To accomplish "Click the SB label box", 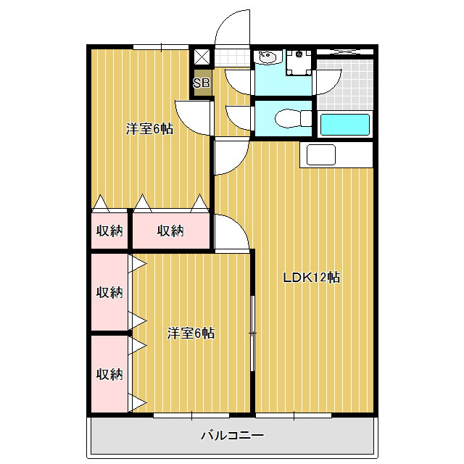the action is click(202, 83).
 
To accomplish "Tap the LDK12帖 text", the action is click(312, 278).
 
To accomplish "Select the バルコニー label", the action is click(232, 435).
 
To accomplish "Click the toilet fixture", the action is click(293, 119).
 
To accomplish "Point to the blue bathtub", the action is click(345, 125).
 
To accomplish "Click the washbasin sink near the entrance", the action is click(268, 57).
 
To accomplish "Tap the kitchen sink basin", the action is click(321, 154).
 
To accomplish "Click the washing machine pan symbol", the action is click(299, 62).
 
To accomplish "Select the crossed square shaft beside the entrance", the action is click(202, 57).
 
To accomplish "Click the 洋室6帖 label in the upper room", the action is click(150, 129).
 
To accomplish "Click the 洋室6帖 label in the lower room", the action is click(191, 333).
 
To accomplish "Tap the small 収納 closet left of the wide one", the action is click(109, 231).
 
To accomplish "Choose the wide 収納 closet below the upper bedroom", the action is click(171, 231).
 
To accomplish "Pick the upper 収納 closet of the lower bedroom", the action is click(109, 292).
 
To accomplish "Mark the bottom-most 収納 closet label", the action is click(109, 374).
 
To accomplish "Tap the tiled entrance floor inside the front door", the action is click(232, 58).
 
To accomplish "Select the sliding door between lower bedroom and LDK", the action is click(252, 333).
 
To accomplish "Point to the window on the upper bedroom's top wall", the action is click(161, 46).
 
